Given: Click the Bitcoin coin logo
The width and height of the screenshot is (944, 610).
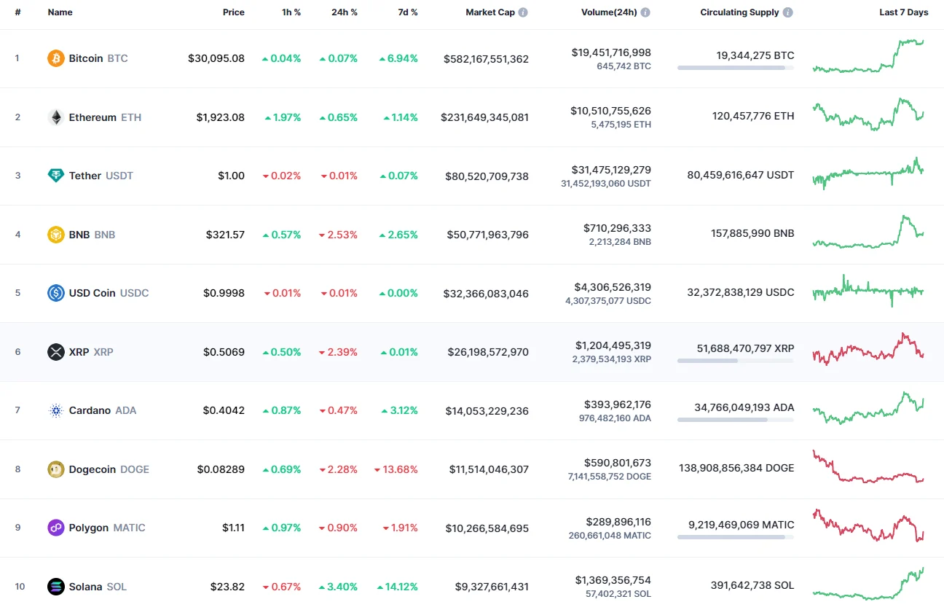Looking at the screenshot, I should click(56, 58).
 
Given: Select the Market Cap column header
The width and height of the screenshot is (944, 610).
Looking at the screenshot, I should click(490, 12).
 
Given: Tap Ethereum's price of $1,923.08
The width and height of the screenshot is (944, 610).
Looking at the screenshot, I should click(220, 117).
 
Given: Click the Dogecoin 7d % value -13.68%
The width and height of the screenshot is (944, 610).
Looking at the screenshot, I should click(396, 469).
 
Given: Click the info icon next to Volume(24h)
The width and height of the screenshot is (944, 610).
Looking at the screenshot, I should click(645, 12).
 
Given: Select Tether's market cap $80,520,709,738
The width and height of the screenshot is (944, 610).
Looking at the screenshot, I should click(486, 176).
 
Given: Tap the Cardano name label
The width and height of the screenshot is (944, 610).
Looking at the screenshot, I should click(90, 410).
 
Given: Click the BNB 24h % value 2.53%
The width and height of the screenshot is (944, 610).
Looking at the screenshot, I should click(339, 235).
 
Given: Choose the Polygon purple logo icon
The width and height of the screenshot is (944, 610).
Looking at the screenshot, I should click(56, 528).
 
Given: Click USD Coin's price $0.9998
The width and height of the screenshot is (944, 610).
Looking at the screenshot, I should click(224, 293).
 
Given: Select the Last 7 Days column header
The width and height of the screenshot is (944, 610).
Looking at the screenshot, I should click(903, 12).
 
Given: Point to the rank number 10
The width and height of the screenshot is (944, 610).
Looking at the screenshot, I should click(20, 587).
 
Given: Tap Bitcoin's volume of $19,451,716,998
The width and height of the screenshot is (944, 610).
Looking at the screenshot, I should click(610, 52).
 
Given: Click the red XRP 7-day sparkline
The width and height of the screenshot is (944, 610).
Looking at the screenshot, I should click(868, 349).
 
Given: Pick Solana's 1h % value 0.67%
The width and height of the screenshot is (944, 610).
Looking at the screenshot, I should click(282, 587).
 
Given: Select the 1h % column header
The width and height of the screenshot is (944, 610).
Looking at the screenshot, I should click(291, 12).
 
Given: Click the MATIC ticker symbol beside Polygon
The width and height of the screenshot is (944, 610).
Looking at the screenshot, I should click(129, 528).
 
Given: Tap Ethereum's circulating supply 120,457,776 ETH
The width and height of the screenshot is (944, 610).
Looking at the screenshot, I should click(753, 116).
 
